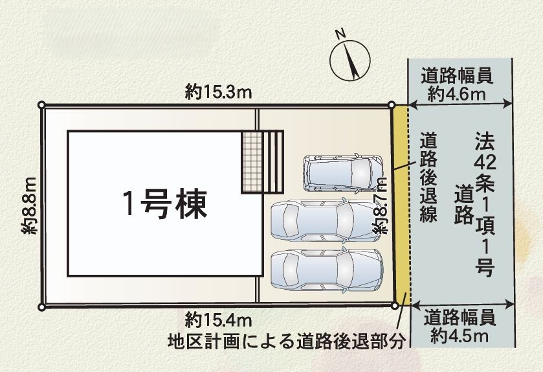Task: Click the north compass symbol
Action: point(350,60)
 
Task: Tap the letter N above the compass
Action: point(341,34)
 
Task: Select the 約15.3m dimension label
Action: point(218,92)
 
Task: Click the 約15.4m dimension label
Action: point(218,320)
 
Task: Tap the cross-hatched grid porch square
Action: point(252,161)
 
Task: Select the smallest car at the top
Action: point(344,173)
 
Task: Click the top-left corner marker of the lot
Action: point(41,105)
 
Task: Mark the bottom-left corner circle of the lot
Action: point(41,307)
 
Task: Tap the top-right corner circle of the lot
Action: point(392,105)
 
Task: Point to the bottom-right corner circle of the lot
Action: point(395,305)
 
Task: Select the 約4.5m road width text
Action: point(460,336)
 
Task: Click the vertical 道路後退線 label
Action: point(428,177)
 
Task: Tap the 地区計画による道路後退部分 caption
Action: point(287,341)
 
